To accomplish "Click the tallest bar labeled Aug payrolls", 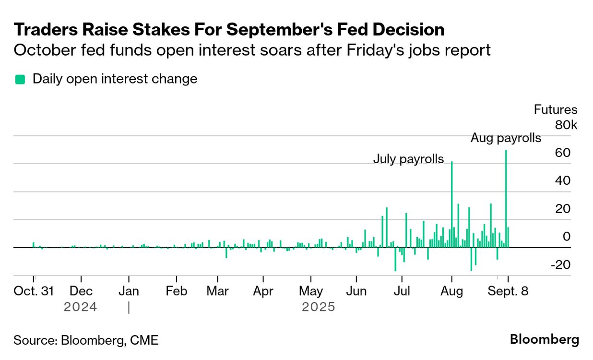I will [x=506, y=199].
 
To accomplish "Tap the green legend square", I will [x=20, y=79].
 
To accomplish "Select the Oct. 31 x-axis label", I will [x=33, y=291].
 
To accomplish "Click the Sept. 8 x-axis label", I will [x=508, y=291].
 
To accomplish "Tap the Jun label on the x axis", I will [x=356, y=291].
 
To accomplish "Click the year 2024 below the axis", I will [x=81, y=307].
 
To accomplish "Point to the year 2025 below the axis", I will [x=318, y=307].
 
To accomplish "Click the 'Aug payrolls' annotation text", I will [x=506, y=138].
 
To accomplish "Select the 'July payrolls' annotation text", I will [x=408, y=159].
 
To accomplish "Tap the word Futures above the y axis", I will [x=556, y=110].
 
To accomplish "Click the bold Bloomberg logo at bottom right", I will [x=544, y=339].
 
